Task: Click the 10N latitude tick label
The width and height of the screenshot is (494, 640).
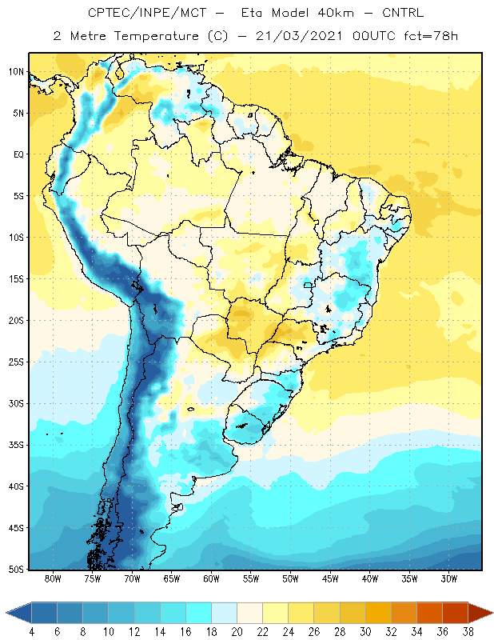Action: (x=16, y=72)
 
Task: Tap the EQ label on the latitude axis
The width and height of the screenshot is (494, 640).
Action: (x=18, y=154)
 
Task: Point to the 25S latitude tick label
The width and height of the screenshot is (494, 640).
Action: (x=16, y=362)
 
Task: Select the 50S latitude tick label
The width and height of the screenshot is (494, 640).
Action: (x=16, y=570)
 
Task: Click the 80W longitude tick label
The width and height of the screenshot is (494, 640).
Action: (x=53, y=578)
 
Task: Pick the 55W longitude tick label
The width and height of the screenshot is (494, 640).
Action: (x=251, y=578)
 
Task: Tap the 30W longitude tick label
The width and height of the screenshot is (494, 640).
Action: (x=449, y=578)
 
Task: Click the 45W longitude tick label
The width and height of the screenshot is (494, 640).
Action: (x=330, y=578)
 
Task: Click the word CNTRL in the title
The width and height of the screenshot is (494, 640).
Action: (x=403, y=13)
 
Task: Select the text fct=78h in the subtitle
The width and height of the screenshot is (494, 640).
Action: (x=431, y=36)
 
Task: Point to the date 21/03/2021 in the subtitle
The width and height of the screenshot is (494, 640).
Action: (x=299, y=36)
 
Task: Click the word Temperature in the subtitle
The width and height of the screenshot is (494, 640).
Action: (x=157, y=36)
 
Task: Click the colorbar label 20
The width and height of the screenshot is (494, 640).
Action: (x=237, y=632)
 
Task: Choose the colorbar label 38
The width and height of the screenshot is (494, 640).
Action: (x=468, y=632)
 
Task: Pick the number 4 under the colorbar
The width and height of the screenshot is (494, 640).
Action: (x=31, y=632)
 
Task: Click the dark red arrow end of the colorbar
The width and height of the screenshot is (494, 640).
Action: (x=480, y=613)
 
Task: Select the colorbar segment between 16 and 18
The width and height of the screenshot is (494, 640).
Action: (x=199, y=613)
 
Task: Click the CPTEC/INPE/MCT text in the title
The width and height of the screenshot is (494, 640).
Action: (x=147, y=13)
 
